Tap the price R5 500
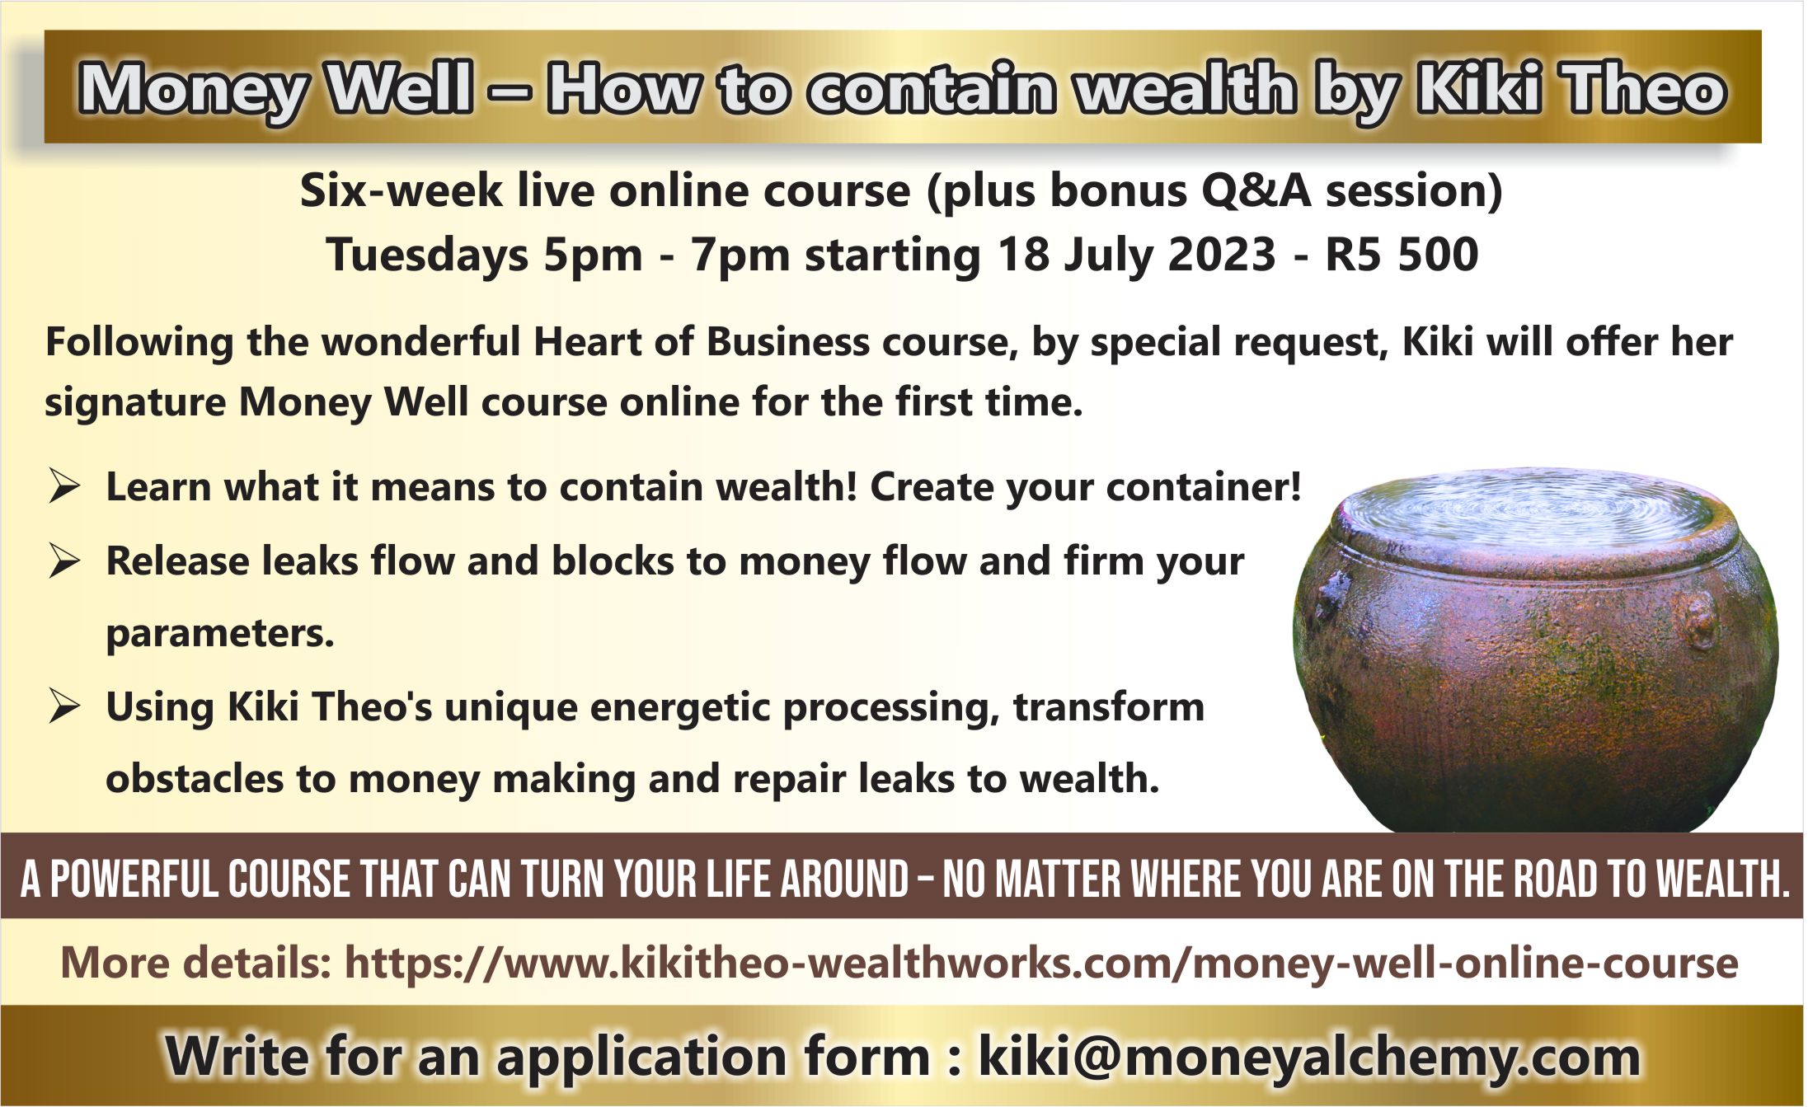pyautogui.click(x=1402, y=254)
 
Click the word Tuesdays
pyautogui.click(x=427, y=255)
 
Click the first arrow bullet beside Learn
pyautogui.click(x=64, y=485)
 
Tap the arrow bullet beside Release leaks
pyautogui.click(x=64, y=561)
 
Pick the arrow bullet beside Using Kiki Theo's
pyautogui.click(x=64, y=706)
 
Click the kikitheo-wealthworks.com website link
pyautogui.click(x=1041, y=962)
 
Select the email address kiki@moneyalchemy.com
pyautogui.click(x=1309, y=1056)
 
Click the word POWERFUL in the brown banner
pyautogui.click(x=135, y=879)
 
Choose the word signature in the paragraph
pyautogui.click(x=134, y=403)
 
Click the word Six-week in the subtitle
pyautogui.click(x=401, y=191)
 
